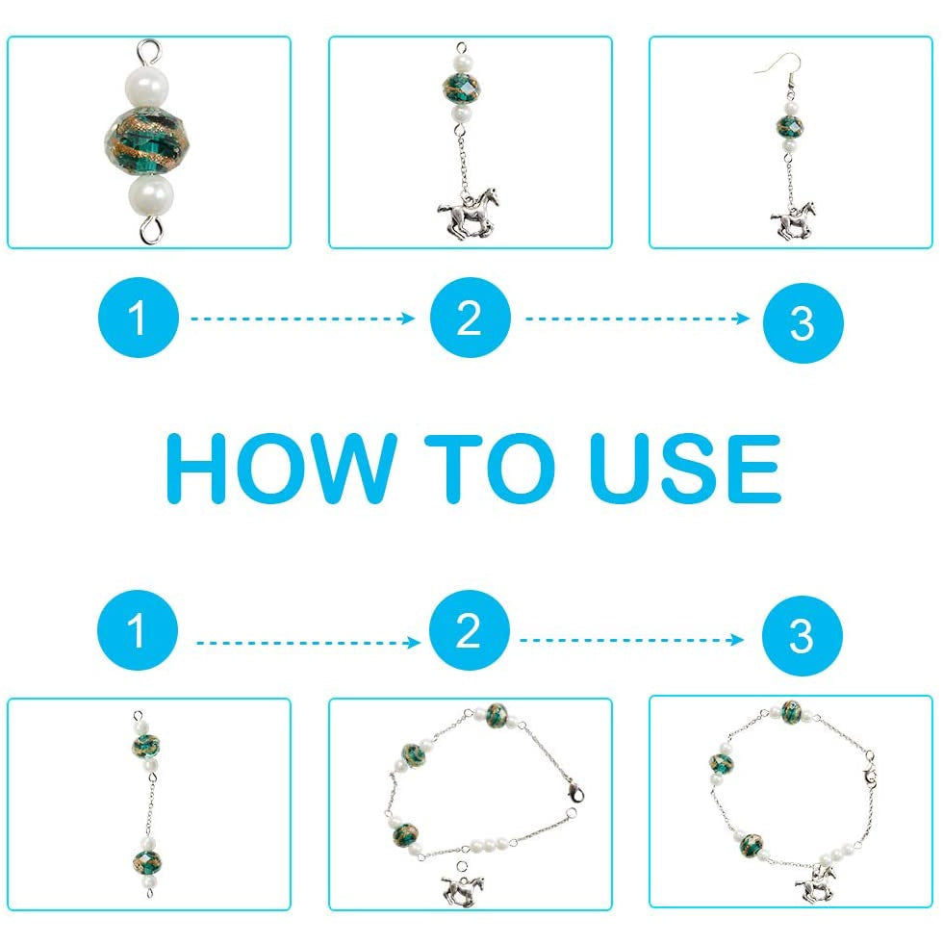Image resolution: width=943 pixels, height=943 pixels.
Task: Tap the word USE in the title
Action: [x=685, y=469]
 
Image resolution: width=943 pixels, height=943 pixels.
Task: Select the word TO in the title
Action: [x=490, y=469]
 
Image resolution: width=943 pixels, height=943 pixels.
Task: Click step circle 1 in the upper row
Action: [x=139, y=318]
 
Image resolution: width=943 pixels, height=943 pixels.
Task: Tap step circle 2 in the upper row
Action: [x=471, y=318]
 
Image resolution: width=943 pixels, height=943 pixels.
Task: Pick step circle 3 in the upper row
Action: [x=803, y=323]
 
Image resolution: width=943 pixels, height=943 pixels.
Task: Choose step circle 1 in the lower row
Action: [x=138, y=629]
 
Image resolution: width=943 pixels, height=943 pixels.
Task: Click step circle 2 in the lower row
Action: [x=470, y=629]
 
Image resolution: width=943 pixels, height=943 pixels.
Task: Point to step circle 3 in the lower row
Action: [x=802, y=635]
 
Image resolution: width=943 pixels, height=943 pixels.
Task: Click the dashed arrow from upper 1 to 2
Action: [x=302, y=319]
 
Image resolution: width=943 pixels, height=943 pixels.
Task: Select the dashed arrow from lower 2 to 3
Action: [x=631, y=639]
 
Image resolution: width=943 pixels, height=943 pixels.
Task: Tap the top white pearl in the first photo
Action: [x=148, y=85]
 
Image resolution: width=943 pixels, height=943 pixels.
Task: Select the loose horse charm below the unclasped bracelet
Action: [x=463, y=883]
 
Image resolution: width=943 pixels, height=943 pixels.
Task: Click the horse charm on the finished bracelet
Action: [x=816, y=883]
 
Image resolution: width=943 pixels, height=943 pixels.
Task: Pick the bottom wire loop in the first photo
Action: [x=151, y=229]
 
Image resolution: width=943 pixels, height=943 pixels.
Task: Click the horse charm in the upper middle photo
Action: [x=469, y=213]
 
